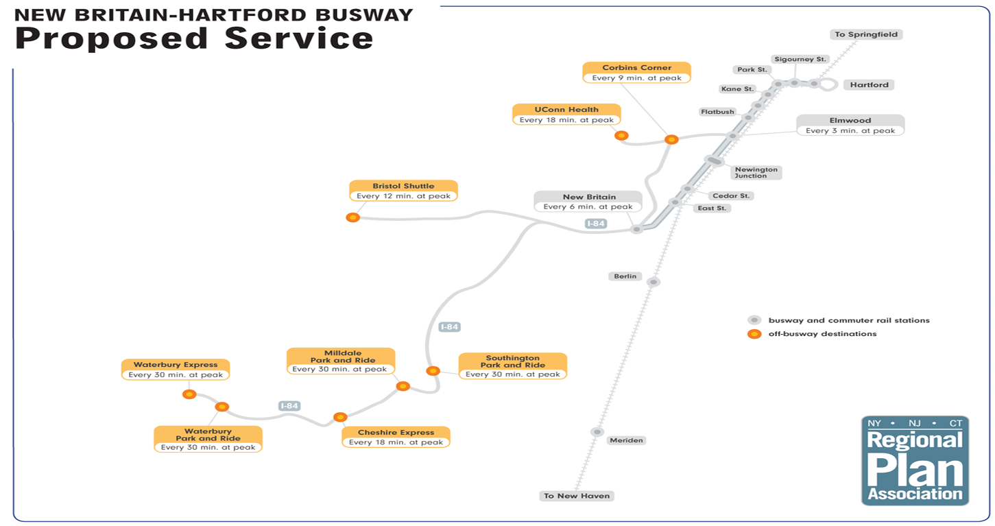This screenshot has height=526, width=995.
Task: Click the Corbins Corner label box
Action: [636, 73]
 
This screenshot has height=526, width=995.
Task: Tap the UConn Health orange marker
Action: [621, 136]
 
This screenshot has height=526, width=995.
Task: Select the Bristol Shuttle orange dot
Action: [352, 217]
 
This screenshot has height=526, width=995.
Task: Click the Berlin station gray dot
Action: [653, 282]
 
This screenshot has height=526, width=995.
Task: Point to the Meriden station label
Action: [626, 440]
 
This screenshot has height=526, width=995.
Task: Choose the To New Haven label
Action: [577, 496]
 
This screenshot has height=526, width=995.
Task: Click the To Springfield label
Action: [865, 34]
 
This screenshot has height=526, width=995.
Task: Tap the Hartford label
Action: [870, 85]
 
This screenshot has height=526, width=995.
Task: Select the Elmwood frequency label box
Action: [850, 125]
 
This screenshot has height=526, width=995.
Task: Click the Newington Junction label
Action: [756, 172]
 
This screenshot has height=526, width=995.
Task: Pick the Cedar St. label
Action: [731, 195]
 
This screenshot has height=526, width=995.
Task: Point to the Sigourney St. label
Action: [800, 59]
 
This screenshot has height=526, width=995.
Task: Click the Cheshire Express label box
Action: [396, 437]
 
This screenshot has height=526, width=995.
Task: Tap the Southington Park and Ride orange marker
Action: [433, 371]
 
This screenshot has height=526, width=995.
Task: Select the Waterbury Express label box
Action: [176, 370]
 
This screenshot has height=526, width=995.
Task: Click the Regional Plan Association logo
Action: [915, 461]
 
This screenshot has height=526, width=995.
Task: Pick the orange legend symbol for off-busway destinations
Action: [754, 334]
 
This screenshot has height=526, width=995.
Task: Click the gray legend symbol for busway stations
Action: [754, 320]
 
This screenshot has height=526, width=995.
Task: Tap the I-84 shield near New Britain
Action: [596, 224]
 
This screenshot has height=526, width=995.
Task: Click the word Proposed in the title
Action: [112, 39]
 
